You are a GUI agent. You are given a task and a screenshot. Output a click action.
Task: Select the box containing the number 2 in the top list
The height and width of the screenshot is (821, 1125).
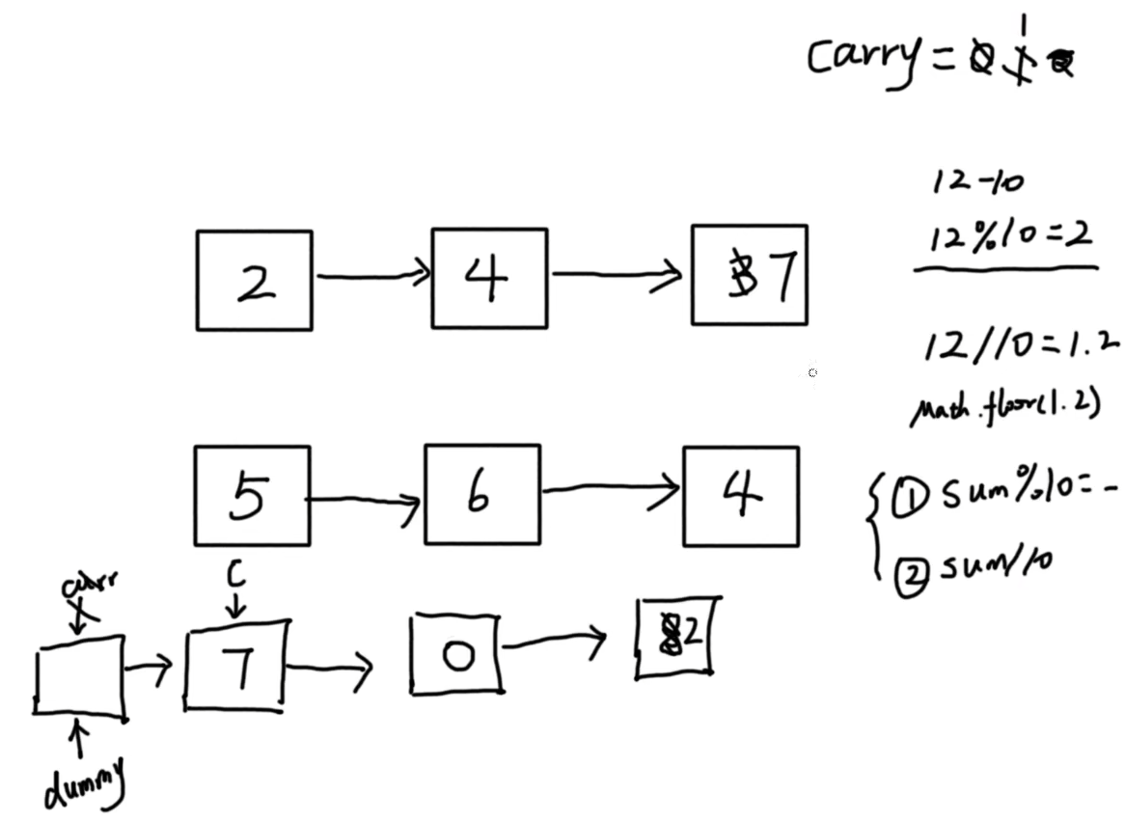(x=254, y=280)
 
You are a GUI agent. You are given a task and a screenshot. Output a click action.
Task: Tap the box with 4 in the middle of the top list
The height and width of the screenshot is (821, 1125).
(x=489, y=279)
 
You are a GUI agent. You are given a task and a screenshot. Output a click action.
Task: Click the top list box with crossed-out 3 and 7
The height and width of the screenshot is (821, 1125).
(x=750, y=276)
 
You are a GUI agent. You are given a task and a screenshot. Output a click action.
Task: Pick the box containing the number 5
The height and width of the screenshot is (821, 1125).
(x=252, y=496)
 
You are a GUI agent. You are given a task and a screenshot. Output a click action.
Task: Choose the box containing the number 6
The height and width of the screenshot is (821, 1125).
(x=481, y=495)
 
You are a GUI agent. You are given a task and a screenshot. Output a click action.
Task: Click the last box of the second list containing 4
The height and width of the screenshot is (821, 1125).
(x=741, y=497)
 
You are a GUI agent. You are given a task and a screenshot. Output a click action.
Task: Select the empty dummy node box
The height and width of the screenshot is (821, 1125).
(x=79, y=676)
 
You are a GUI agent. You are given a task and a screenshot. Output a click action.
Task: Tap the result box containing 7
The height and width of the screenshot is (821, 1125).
(x=235, y=666)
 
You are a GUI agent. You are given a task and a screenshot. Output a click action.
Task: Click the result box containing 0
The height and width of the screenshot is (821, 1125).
(x=455, y=655)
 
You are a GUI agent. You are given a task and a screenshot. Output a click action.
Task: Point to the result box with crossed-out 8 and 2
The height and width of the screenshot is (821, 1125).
(x=674, y=638)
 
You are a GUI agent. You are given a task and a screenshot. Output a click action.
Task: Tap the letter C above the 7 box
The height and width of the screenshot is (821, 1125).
(x=236, y=576)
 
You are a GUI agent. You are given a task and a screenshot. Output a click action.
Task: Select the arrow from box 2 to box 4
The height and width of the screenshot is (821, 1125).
(x=372, y=276)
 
